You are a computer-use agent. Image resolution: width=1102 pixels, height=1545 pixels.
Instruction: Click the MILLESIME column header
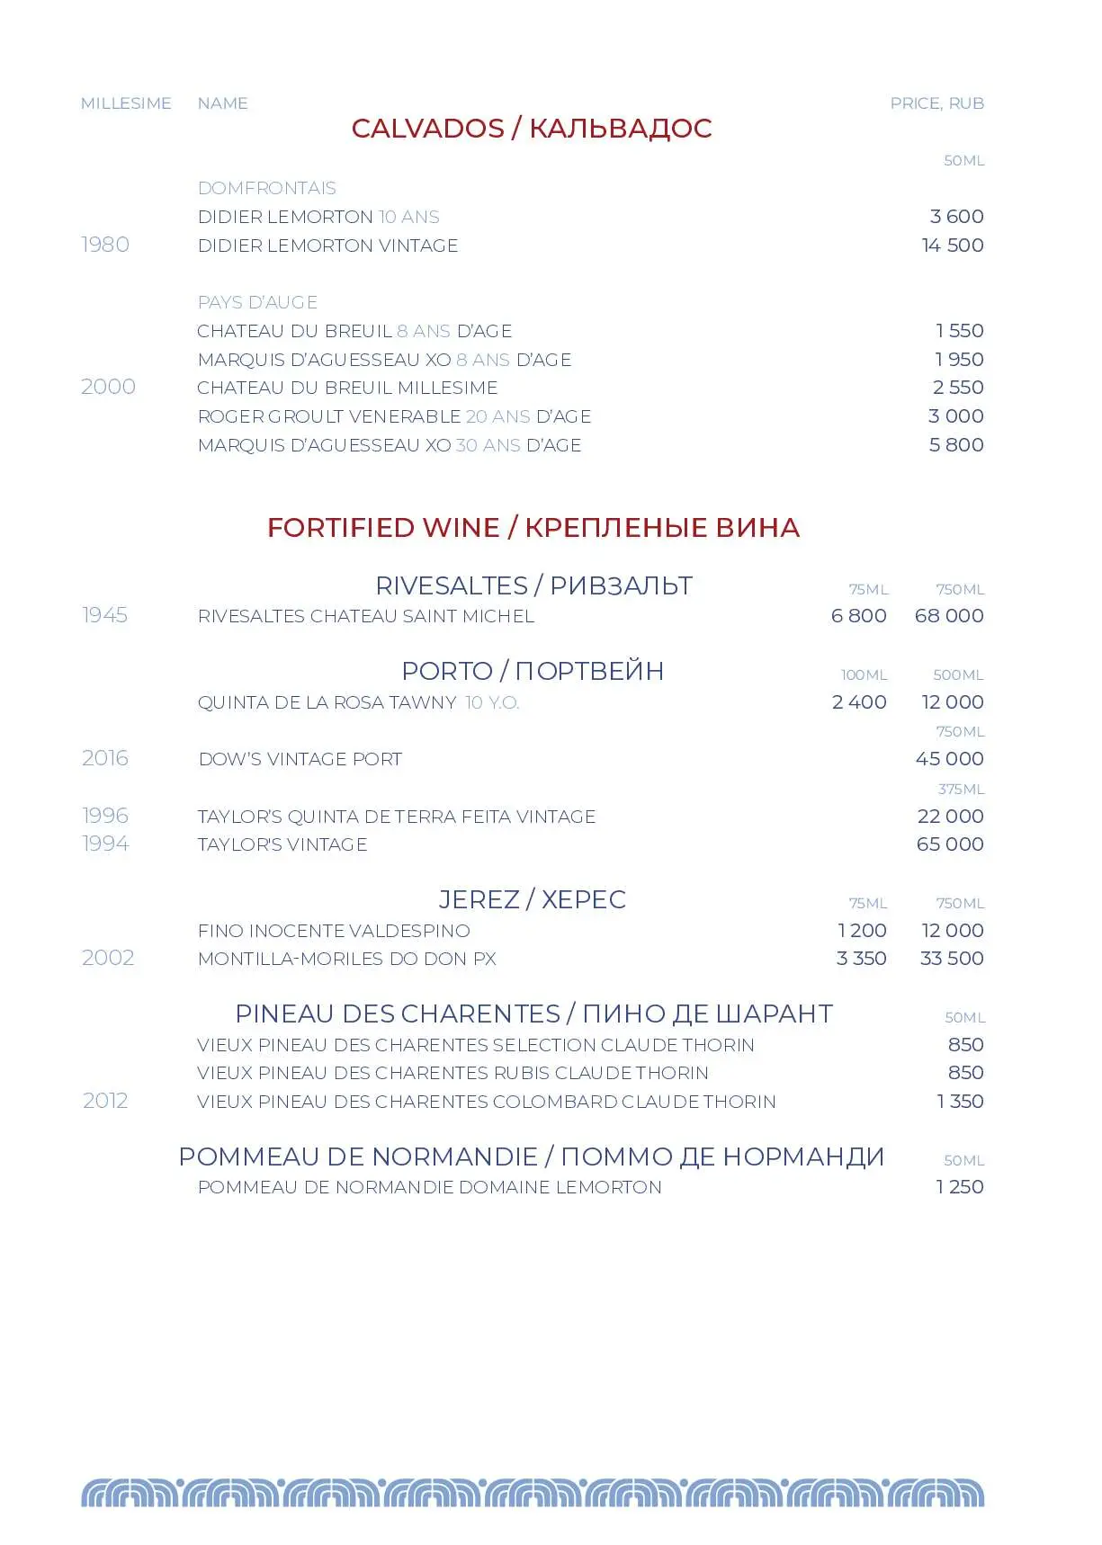(x=126, y=103)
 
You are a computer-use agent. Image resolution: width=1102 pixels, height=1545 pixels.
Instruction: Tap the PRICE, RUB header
(x=936, y=103)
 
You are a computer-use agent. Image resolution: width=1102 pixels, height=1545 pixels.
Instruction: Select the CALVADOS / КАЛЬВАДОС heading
(x=531, y=129)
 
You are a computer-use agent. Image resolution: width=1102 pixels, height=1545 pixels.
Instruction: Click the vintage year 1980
(x=105, y=245)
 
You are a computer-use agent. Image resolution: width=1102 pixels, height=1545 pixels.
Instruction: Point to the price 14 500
(x=952, y=246)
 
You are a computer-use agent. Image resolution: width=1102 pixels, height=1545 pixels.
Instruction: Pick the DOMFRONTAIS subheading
(x=266, y=188)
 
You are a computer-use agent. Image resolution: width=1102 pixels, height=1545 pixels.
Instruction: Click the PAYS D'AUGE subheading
(x=257, y=302)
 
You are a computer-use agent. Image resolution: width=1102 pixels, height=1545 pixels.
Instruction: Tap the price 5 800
(x=955, y=445)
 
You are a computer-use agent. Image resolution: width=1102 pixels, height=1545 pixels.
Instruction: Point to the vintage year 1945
(x=105, y=615)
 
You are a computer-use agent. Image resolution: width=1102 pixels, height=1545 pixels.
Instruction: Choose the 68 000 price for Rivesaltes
(x=948, y=616)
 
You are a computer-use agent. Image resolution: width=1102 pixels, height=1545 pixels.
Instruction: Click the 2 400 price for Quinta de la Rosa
(x=859, y=702)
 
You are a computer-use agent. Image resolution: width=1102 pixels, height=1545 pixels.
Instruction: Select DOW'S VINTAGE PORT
(x=300, y=759)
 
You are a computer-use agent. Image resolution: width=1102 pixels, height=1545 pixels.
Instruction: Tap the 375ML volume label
(x=961, y=790)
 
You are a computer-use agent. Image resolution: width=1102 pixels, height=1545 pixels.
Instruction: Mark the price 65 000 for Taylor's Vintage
(x=949, y=844)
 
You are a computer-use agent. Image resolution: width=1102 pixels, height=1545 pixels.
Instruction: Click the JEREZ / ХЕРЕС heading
(x=532, y=899)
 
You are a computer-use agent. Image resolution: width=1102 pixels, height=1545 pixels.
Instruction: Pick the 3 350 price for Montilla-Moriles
(x=861, y=959)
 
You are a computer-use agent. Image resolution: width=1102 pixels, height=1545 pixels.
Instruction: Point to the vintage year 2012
(x=105, y=1101)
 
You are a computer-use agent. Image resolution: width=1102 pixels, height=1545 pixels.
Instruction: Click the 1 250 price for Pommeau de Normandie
(x=959, y=1187)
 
